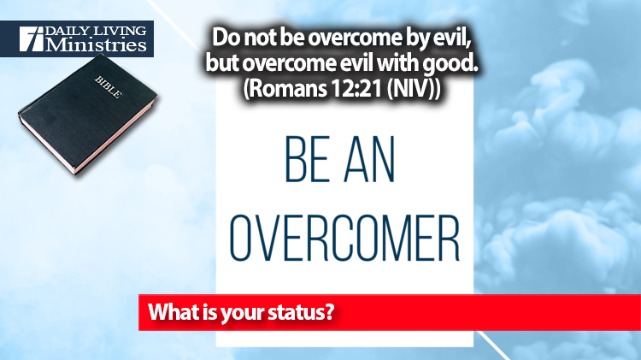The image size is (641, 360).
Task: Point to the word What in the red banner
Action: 171,312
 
